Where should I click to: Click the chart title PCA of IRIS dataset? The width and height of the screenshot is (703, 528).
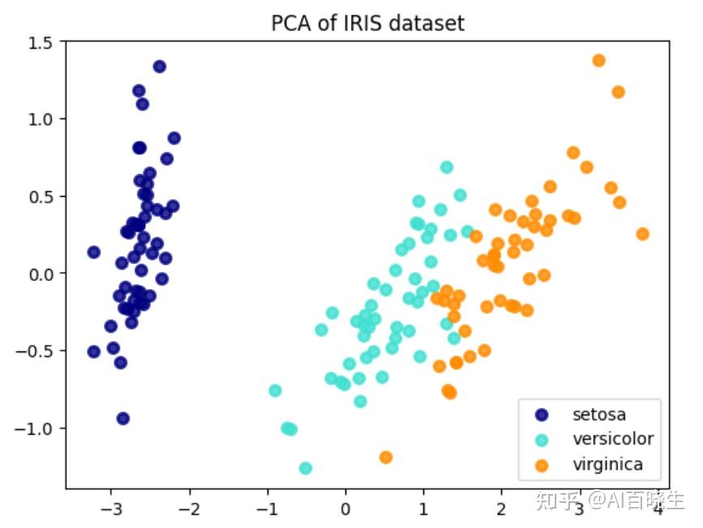click(367, 23)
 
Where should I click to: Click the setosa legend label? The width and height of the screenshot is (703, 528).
click(599, 415)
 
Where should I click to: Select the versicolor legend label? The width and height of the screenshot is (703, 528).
click(612, 440)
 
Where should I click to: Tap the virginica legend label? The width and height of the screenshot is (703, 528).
click(607, 465)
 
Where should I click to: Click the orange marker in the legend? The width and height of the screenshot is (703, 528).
click(542, 465)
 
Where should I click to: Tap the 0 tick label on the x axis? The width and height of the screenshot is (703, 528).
click(346, 510)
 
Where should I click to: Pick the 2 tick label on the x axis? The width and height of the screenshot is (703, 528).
click(501, 510)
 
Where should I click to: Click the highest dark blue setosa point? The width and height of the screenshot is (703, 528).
click(160, 66)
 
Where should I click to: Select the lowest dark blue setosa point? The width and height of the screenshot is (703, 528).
click(123, 419)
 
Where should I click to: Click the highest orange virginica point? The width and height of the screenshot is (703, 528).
click(599, 61)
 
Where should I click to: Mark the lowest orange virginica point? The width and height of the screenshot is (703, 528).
click(386, 458)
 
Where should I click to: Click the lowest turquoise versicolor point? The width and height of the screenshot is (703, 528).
click(306, 468)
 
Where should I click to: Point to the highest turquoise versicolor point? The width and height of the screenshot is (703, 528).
click(447, 168)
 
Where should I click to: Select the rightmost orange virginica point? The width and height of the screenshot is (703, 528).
click(643, 234)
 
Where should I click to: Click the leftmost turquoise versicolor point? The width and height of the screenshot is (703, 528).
click(275, 390)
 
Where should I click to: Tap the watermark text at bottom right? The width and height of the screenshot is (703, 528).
click(609, 500)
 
